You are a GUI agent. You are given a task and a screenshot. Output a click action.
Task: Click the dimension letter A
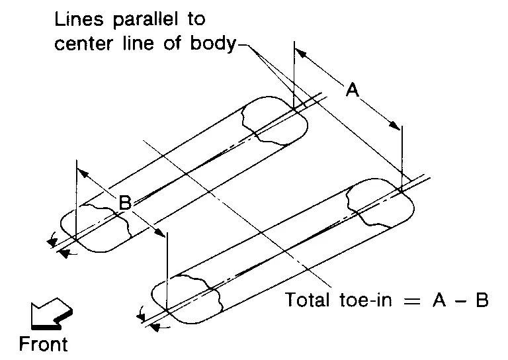(x=353, y=89)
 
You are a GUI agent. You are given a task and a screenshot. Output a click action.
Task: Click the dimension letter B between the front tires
(x=125, y=202)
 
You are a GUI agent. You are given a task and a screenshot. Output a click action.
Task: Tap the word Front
(x=44, y=344)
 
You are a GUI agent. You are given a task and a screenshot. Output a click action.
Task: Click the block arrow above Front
(x=52, y=313)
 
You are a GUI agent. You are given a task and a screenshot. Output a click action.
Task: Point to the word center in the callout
(x=83, y=44)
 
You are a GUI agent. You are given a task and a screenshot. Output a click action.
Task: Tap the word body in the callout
(x=213, y=44)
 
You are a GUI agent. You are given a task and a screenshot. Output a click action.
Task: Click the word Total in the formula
(x=307, y=299)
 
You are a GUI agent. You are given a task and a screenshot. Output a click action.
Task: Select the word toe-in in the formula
(x=366, y=299)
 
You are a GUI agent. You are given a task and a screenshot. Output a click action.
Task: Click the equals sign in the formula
(x=411, y=300)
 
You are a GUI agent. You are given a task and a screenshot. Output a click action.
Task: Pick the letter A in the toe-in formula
(x=439, y=299)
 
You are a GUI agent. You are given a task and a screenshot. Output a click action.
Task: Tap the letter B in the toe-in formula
(x=482, y=299)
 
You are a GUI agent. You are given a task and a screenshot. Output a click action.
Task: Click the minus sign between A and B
(x=461, y=300)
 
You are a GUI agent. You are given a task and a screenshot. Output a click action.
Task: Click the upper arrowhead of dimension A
(x=300, y=53)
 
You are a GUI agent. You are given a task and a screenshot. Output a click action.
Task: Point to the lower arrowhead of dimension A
(x=395, y=125)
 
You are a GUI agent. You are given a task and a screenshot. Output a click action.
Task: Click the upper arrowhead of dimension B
(x=83, y=173)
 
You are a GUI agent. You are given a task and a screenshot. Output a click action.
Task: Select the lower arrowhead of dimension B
(x=159, y=232)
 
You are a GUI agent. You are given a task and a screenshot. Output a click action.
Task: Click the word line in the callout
(x=138, y=44)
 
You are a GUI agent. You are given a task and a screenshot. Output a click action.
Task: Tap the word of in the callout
(x=172, y=44)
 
